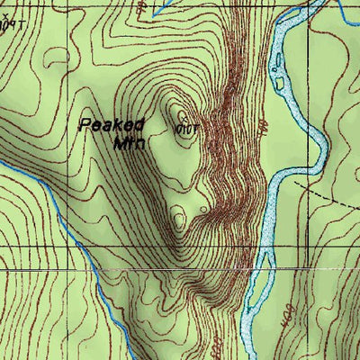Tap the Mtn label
[130, 142]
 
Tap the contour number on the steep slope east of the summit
[262, 127]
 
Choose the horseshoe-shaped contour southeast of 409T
[45, 54]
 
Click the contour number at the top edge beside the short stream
[141, 6]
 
